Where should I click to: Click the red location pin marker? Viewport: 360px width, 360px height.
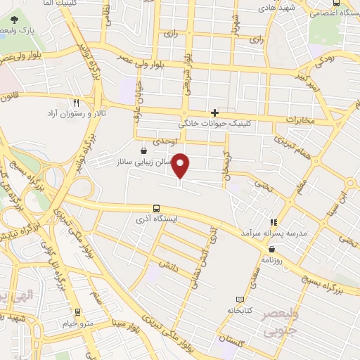pyautogui.click(x=181, y=167)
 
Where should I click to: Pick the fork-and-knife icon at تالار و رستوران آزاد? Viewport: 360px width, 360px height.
pyautogui.click(x=86, y=103)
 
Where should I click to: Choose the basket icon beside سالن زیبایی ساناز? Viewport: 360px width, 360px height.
pyautogui.click(x=143, y=150)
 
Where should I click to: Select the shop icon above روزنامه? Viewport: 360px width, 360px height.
pyautogui.click(x=271, y=248)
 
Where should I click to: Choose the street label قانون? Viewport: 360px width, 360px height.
pyautogui.click(x=8, y=96)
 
